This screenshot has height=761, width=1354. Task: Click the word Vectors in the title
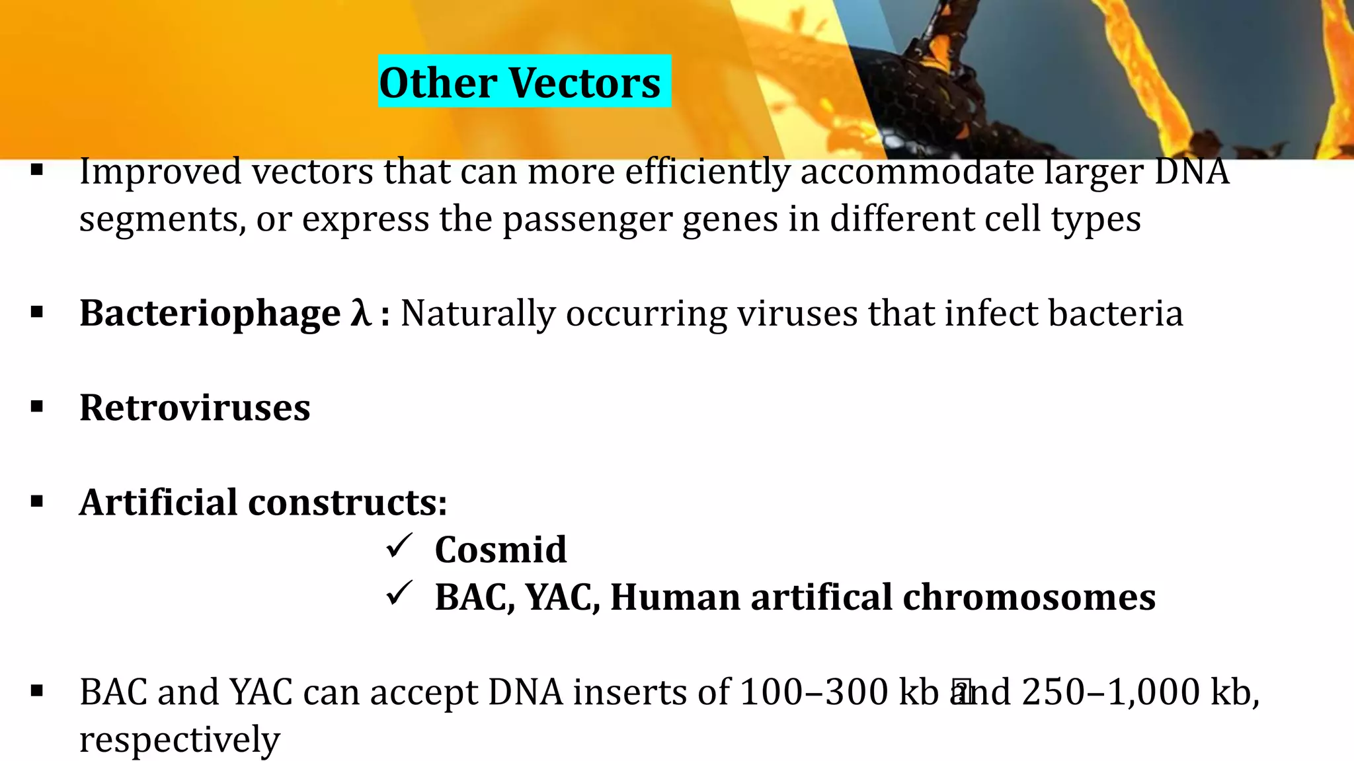pos(584,83)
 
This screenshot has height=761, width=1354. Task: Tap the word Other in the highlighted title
pos(438,83)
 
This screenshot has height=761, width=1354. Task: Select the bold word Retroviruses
pos(194,408)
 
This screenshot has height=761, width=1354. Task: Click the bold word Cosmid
pos(500,550)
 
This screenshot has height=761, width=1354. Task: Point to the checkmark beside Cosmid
pos(399,546)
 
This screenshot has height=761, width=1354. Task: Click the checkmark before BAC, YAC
pos(399,593)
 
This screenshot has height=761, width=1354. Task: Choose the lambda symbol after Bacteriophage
pos(360,312)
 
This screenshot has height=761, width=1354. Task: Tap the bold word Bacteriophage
pos(210,314)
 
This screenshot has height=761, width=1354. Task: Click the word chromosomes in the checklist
pos(1029,597)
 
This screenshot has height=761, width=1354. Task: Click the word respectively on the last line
pos(179,740)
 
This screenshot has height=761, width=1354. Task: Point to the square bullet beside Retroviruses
pos(37,407)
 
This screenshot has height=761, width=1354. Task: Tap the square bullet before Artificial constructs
pos(37,502)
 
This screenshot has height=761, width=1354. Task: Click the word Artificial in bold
pos(158,502)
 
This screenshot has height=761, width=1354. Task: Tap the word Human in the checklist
pos(674,597)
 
